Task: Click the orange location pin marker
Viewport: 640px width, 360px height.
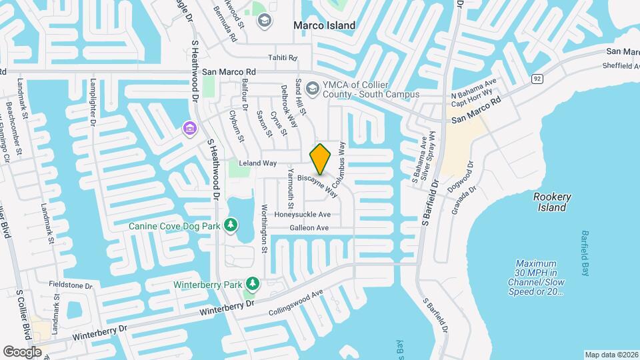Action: (x=321, y=159)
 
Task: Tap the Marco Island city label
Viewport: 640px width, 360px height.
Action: (x=325, y=25)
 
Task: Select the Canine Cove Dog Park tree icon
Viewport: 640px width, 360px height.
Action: (x=231, y=225)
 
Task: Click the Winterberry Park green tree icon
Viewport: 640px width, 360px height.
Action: (x=252, y=285)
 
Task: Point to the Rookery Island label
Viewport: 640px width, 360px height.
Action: (x=552, y=202)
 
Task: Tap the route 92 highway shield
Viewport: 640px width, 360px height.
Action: (x=536, y=79)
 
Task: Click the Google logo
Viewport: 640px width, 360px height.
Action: (x=22, y=351)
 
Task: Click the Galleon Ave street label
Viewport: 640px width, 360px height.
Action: (x=309, y=228)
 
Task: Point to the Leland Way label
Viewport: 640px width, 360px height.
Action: (x=257, y=163)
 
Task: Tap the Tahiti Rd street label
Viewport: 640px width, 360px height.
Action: (x=282, y=58)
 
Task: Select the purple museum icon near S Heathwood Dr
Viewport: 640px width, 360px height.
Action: (x=190, y=127)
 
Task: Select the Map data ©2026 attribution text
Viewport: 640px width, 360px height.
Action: (x=611, y=355)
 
